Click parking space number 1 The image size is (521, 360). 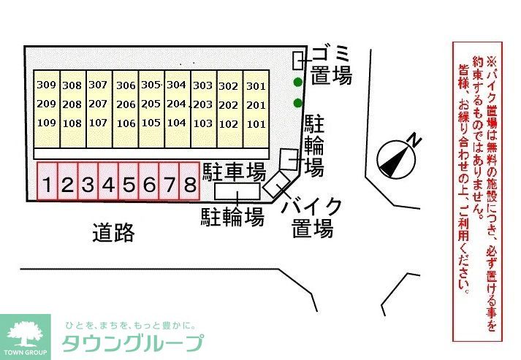coord(47,185)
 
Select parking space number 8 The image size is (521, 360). coord(189,185)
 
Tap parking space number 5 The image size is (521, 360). coord(129,185)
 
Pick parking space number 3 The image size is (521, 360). coord(88,185)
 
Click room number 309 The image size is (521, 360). coord(46,85)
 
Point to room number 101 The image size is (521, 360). coord(256,124)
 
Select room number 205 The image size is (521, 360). coord(151,104)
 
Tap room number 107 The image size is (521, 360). coord(98,123)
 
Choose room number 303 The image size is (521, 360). coord(203,85)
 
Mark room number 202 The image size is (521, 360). coord(229,105)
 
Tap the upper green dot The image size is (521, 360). coord(297,82)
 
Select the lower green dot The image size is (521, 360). coord(297,102)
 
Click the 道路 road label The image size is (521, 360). coord(113,232)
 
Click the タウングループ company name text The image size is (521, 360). coord(132,343)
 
